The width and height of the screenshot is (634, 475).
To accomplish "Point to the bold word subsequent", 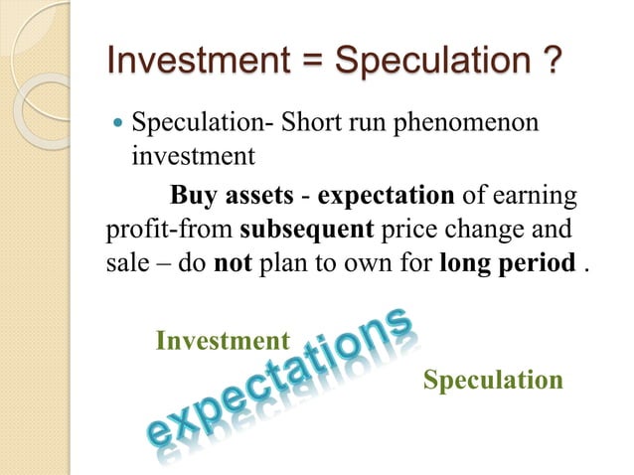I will [306, 230].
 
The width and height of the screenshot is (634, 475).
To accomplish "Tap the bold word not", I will [229, 265].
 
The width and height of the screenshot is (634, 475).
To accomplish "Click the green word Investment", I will [223, 342].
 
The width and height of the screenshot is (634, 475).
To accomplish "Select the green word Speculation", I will [493, 381].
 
